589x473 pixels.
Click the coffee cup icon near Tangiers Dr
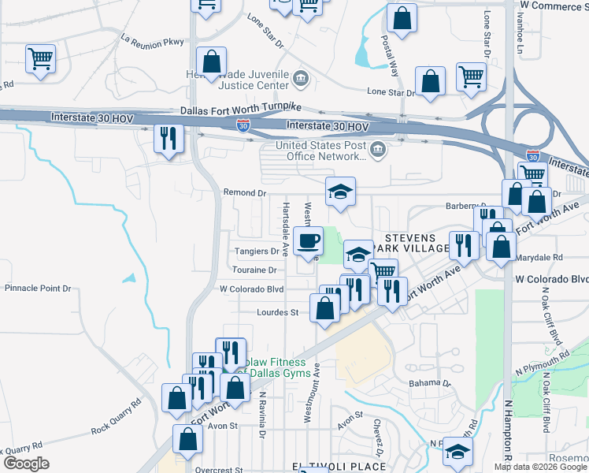click(308, 240)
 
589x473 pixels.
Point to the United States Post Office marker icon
click(379, 150)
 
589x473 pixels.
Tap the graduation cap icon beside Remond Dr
click(340, 192)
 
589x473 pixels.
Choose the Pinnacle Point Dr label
click(38, 289)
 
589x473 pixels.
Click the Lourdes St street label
click(278, 312)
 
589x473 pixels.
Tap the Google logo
click(26, 464)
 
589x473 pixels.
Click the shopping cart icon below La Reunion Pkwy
click(40, 58)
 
